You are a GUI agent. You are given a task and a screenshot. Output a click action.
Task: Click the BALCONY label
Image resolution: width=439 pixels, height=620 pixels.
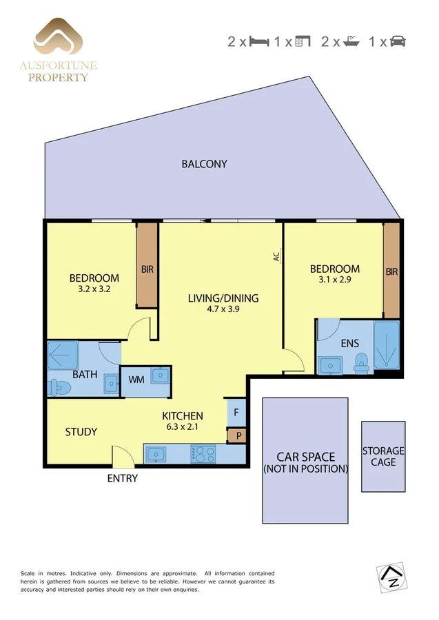pyautogui.click(x=204, y=164)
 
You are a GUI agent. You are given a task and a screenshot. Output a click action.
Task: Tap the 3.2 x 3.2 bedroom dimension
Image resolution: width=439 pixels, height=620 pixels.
pyautogui.click(x=94, y=289)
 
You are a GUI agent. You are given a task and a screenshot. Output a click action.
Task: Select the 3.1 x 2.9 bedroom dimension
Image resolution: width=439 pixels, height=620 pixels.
pyautogui.click(x=334, y=280)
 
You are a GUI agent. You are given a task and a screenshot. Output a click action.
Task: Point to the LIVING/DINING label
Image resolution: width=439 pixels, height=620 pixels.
pyautogui.click(x=223, y=298)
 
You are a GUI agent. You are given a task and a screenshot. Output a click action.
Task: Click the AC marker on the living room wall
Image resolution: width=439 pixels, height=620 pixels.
pyautogui.click(x=276, y=257)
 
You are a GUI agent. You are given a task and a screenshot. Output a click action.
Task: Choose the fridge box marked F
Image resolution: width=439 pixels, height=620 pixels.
pyautogui.click(x=236, y=413)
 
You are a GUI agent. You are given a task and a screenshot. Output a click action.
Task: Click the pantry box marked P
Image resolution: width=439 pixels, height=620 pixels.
pyautogui.click(x=236, y=435)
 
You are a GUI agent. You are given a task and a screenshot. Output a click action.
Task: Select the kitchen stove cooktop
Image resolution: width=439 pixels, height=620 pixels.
pyautogui.click(x=203, y=454)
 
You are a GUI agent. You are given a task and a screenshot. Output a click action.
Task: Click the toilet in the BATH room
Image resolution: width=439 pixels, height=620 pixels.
pyautogui.click(x=59, y=389)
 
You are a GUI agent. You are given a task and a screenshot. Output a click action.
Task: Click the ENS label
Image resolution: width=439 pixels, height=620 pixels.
pyautogui.click(x=349, y=342)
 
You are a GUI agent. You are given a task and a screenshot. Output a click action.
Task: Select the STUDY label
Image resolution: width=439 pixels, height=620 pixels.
pyautogui.click(x=81, y=432)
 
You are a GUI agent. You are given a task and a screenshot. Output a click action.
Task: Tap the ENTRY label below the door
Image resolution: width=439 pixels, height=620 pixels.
pyautogui.click(x=122, y=478)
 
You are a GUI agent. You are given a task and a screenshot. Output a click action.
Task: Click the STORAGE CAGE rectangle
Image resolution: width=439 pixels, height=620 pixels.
pyautogui.click(x=383, y=456)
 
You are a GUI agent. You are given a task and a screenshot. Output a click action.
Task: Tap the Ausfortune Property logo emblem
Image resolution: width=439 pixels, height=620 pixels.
pyautogui.click(x=58, y=38)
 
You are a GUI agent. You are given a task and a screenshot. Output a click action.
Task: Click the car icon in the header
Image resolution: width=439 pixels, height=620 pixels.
pyautogui.click(x=398, y=41)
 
